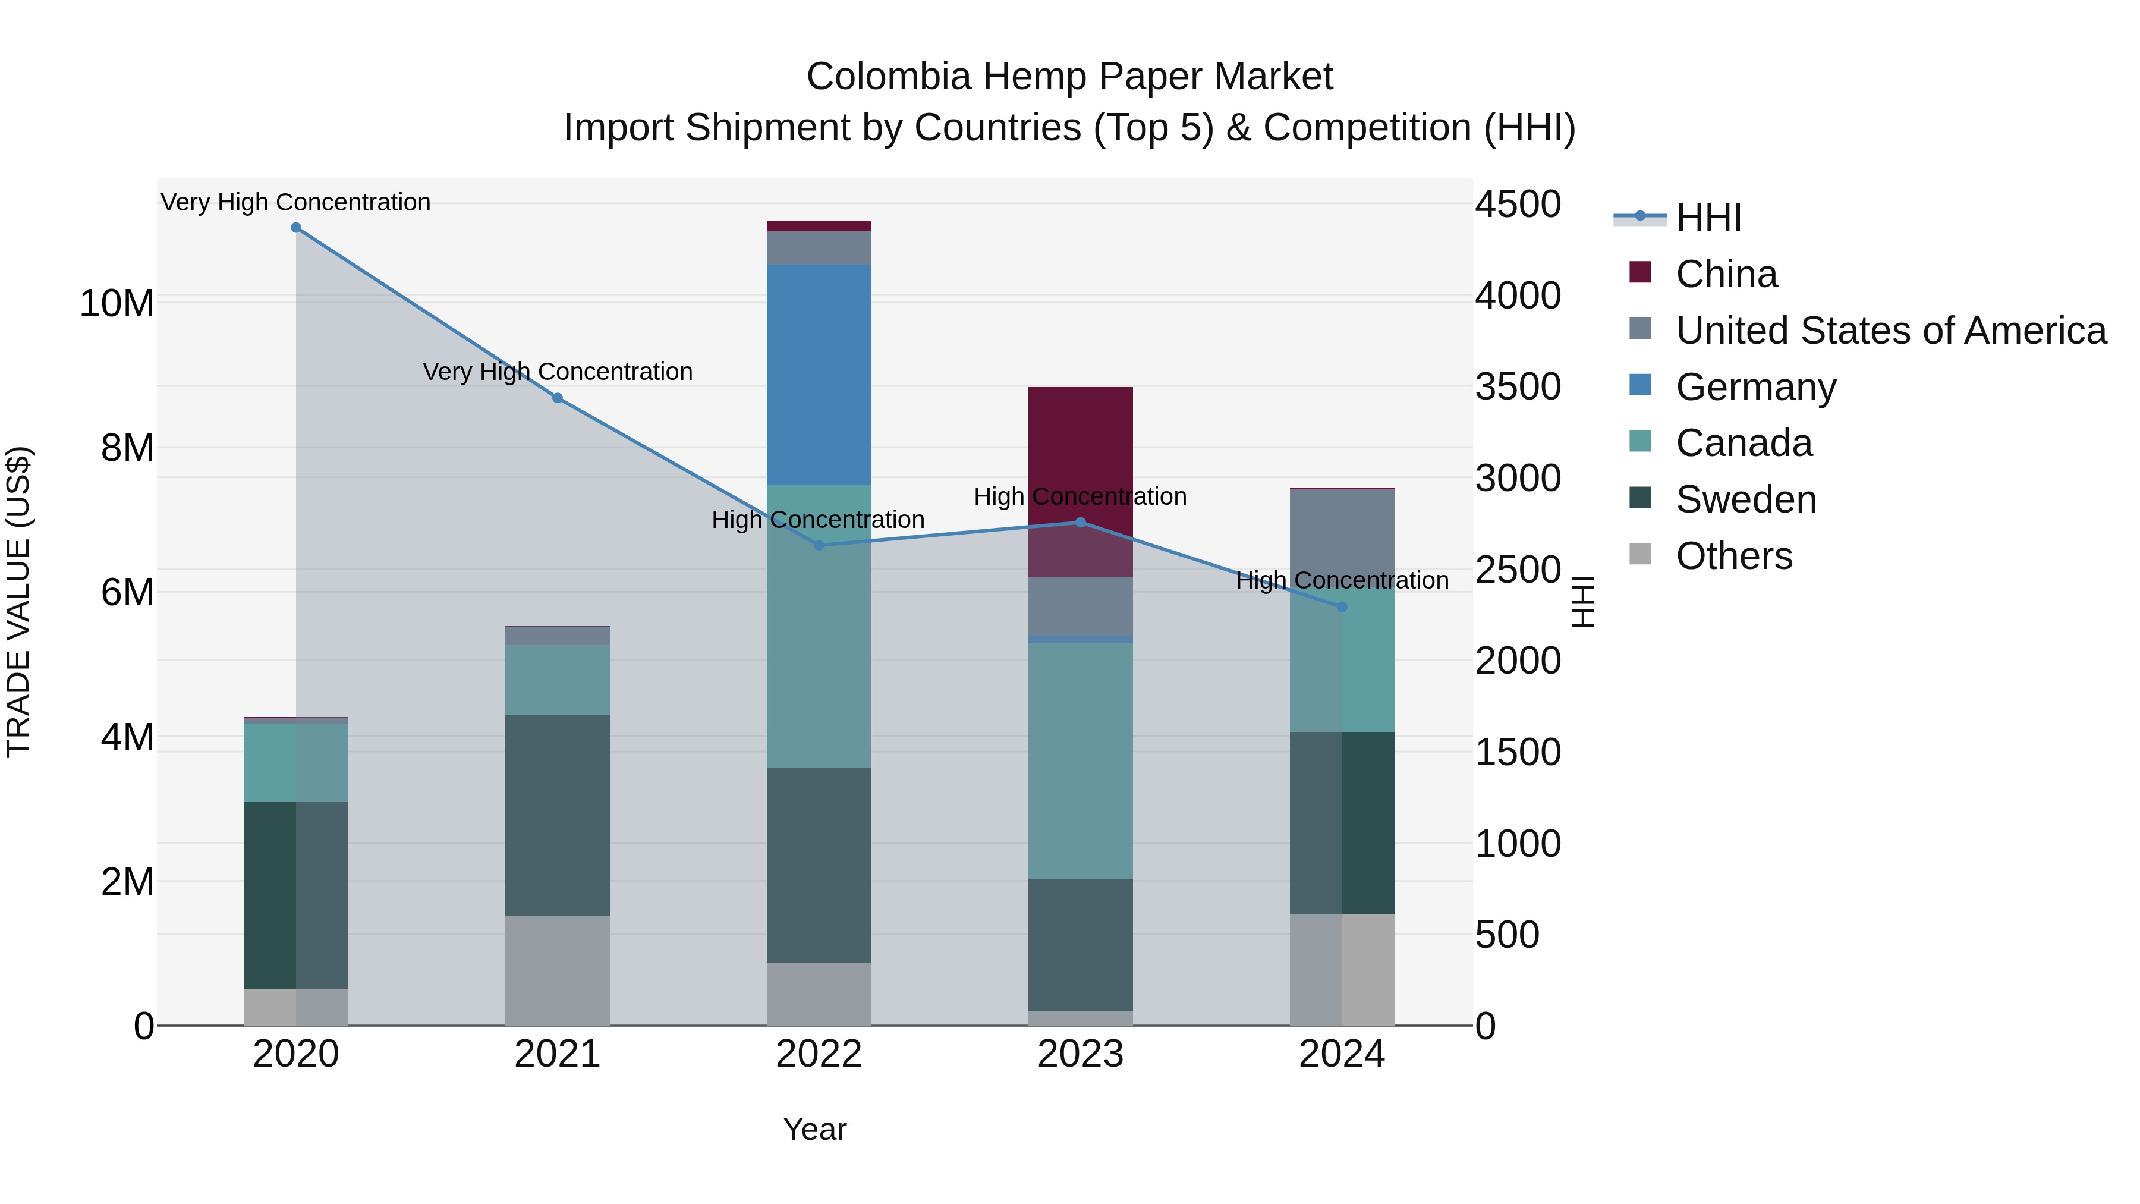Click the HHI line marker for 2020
pyautogui.click(x=296, y=228)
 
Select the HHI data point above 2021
pyautogui.click(x=558, y=398)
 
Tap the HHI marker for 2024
pyautogui.click(x=1342, y=608)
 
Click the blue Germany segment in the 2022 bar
pyautogui.click(x=819, y=374)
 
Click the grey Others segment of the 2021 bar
pyautogui.click(x=558, y=970)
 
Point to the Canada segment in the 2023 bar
pyautogui.click(x=1080, y=760)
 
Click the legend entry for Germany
pyautogui.click(x=1755, y=387)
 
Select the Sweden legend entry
pyautogui.click(x=1745, y=500)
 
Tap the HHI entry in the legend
pyautogui.click(x=1707, y=218)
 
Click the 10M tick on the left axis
pyautogui.click(x=117, y=303)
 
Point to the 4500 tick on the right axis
pyautogui.click(x=1518, y=205)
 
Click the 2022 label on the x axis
pyautogui.click(x=819, y=1054)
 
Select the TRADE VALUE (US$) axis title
pyautogui.click(x=18, y=602)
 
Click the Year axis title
pyautogui.click(x=814, y=1129)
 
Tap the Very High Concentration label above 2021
pyautogui.click(x=558, y=372)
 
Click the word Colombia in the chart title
pyautogui.click(x=888, y=77)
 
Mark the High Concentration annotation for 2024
pyautogui.click(x=1342, y=580)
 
